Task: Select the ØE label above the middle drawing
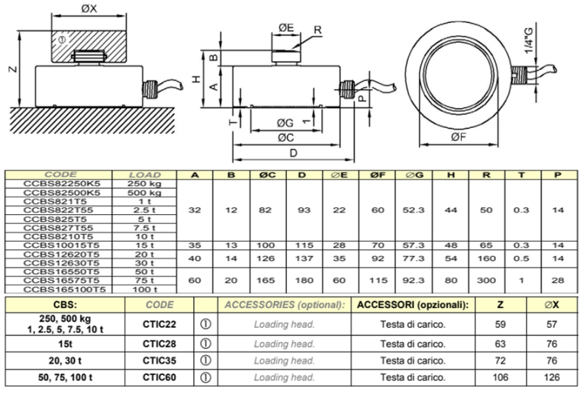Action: coord(286,27)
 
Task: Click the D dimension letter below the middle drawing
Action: coord(293,152)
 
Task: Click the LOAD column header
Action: coord(143,175)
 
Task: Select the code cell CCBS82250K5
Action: coord(62,184)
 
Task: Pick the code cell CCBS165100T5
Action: coord(62,290)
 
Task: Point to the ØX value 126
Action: coord(555,377)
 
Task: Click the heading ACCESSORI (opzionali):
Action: coord(412,306)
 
